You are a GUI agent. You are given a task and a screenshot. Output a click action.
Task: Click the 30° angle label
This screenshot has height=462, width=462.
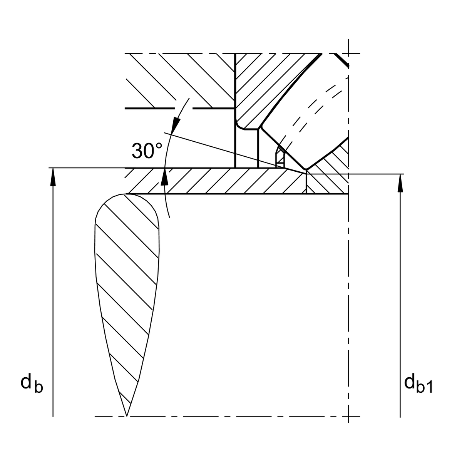pyautogui.click(x=147, y=151)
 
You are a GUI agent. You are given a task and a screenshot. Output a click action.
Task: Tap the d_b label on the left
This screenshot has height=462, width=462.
pyautogui.click(x=32, y=383)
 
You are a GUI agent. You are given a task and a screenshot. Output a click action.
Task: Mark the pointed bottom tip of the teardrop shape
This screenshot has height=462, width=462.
pyautogui.click(x=127, y=415)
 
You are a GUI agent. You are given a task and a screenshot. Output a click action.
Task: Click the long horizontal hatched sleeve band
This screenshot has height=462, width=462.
pyautogui.click(x=216, y=181)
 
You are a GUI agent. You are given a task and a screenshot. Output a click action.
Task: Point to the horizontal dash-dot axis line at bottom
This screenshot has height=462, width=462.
pyautogui.click(x=231, y=416)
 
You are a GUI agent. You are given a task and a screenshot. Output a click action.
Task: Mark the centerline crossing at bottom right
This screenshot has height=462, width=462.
pyautogui.click(x=348, y=416)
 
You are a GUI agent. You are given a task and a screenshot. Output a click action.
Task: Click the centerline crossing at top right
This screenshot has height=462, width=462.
pyautogui.click(x=348, y=53)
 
